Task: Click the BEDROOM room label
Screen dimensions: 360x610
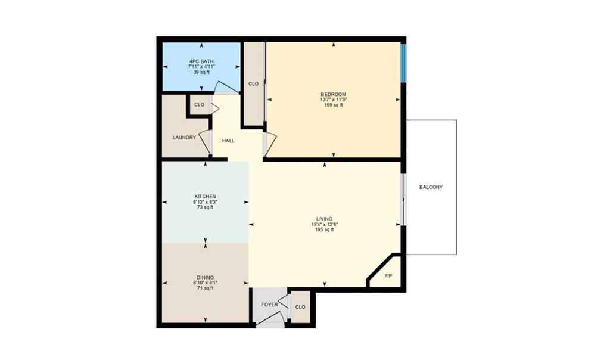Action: click(333, 94)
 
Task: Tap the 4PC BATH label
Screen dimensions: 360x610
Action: click(201, 61)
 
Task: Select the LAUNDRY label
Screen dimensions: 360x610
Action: click(184, 138)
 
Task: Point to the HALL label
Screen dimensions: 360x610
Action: click(228, 141)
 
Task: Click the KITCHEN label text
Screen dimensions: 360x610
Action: click(205, 197)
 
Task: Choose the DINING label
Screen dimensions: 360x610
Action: click(205, 277)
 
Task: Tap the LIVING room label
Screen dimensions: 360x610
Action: click(325, 219)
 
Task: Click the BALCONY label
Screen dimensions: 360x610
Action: click(431, 187)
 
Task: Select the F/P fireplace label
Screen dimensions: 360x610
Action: click(388, 276)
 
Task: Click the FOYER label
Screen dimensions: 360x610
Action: click(269, 305)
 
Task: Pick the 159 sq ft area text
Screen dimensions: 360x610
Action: click(333, 105)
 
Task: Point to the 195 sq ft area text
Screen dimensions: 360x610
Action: click(325, 230)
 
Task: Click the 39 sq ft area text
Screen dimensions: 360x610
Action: click(201, 72)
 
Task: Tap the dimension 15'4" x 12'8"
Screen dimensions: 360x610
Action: click(325, 224)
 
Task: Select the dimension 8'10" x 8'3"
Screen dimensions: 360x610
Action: click(205, 202)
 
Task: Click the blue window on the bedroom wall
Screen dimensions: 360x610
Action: click(403, 63)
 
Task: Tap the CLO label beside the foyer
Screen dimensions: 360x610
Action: click(300, 307)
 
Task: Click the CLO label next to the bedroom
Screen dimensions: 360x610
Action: click(254, 84)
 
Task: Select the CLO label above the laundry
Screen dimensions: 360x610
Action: click(199, 105)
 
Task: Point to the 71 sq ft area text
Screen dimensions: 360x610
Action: click(205, 288)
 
